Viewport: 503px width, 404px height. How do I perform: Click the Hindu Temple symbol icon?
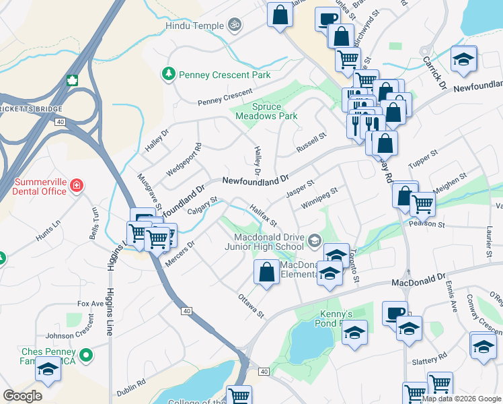point(234,26)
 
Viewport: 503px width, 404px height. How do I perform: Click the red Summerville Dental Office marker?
point(77,184)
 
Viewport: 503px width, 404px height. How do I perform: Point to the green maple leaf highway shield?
point(72,81)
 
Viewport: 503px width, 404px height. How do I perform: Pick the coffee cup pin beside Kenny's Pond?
point(395,313)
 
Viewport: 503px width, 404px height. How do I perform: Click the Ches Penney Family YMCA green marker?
point(85,355)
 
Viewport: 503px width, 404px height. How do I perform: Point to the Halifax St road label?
point(264,214)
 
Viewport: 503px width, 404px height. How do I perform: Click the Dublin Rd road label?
point(132,385)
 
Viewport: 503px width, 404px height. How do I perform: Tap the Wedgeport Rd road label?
point(184,159)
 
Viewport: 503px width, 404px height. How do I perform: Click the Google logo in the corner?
point(22,396)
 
